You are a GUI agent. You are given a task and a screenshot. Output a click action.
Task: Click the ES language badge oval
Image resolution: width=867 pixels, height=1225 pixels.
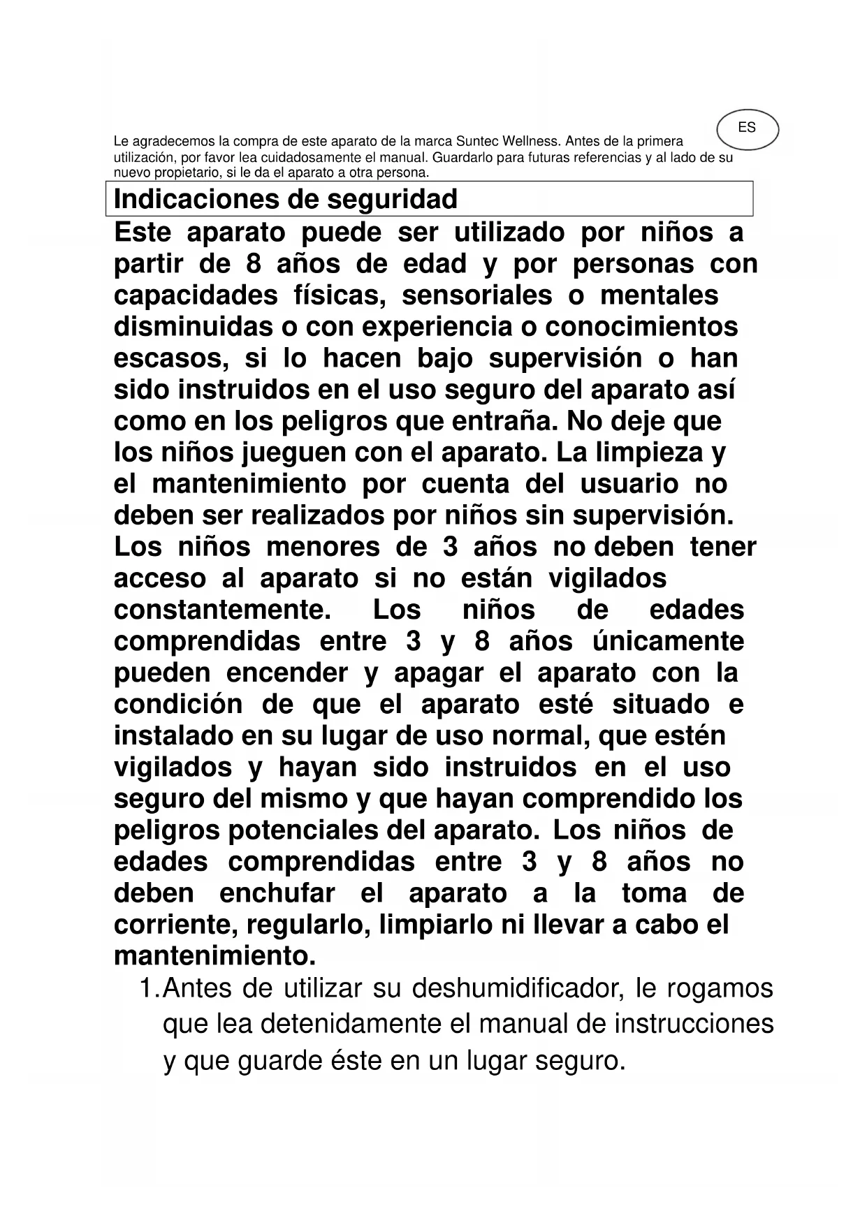pos(747,129)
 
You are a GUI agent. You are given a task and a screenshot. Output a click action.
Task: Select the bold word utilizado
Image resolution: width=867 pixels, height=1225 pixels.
pos(509,232)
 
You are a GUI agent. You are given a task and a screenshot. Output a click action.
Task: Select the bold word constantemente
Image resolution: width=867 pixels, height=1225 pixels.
pos(222,610)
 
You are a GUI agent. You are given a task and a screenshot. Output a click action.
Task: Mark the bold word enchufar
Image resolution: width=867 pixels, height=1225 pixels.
pos(277,893)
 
